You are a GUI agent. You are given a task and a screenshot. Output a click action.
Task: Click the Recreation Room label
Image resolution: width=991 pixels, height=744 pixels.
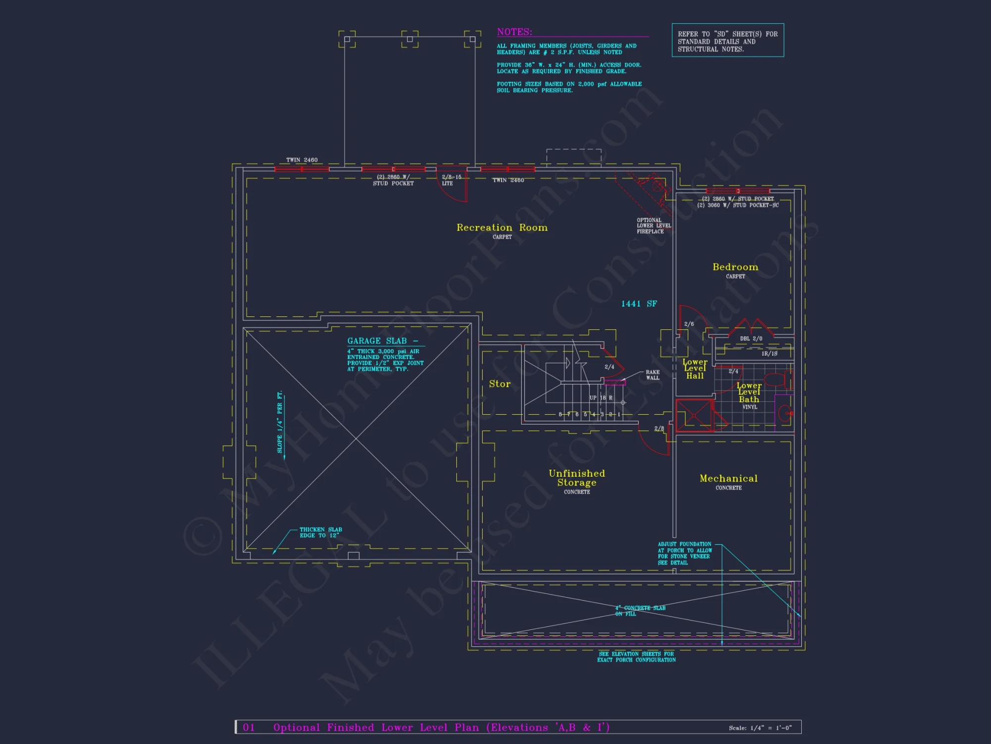tap(502, 228)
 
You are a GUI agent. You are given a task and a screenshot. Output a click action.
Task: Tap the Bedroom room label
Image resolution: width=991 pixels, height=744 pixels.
tap(735, 267)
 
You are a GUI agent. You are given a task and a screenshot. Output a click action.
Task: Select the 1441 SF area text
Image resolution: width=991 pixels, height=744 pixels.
tap(639, 304)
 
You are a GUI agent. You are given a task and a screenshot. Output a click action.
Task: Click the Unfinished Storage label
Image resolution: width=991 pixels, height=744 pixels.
tap(577, 478)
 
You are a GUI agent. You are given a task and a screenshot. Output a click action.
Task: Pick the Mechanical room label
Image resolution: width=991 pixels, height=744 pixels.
tap(728, 479)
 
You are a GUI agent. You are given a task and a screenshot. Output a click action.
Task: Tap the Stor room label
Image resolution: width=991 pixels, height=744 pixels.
tap(499, 384)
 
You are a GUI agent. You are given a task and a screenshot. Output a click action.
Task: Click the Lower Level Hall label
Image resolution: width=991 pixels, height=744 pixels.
tap(695, 369)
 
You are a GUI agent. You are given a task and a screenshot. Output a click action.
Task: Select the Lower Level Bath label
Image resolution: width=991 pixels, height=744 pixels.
tap(749, 392)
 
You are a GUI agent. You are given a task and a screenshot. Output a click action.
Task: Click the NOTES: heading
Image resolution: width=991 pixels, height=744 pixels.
tap(514, 32)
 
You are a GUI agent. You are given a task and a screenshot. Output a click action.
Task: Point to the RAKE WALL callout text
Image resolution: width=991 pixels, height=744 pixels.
tap(653, 375)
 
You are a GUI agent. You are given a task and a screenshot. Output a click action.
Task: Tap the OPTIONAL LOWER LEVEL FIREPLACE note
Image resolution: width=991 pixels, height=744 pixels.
tap(653, 226)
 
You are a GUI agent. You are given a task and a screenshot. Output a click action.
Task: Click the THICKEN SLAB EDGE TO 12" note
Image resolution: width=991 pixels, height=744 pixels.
tap(321, 532)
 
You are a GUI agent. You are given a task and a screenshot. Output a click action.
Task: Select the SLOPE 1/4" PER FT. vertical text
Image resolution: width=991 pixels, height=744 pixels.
tap(280, 422)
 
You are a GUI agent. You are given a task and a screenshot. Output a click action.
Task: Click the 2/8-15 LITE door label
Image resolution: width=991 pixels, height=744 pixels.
tap(451, 180)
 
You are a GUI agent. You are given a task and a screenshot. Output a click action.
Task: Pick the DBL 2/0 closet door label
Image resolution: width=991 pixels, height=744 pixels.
tap(751, 339)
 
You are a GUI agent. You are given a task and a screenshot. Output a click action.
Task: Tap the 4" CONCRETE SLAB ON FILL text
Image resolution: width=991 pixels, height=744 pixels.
tap(640, 611)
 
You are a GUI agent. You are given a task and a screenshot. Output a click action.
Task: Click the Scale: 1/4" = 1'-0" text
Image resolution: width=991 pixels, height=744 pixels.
tap(760, 728)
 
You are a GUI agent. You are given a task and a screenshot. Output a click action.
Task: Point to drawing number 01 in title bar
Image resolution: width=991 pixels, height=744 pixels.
tap(249, 727)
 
